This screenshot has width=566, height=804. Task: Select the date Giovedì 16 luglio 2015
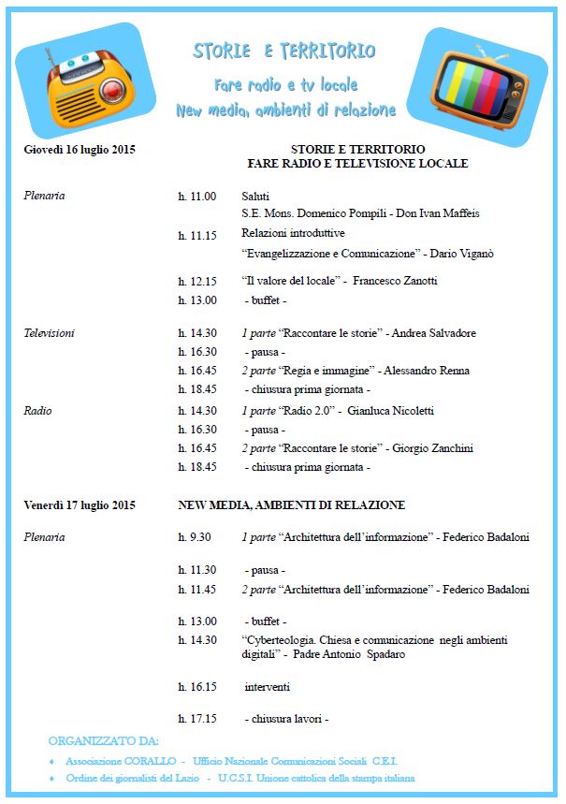[80, 149]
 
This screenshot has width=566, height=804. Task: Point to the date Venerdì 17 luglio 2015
[80, 505]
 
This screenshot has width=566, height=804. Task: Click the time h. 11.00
[196, 197]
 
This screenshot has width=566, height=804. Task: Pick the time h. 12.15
[196, 281]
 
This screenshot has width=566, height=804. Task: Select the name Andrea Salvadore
[433, 333]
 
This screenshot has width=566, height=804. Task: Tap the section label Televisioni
[49, 333]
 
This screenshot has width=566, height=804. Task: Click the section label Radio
[37, 411]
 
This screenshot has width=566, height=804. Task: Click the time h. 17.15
[196, 719]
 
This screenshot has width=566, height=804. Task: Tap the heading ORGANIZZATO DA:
[104, 740]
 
